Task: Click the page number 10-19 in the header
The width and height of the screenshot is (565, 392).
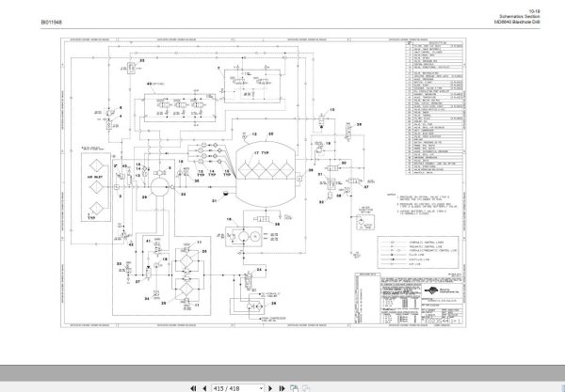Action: click(535, 7)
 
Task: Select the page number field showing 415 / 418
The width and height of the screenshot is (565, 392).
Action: click(229, 385)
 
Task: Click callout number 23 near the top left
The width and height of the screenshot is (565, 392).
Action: click(143, 59)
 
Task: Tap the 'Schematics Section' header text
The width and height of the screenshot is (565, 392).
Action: click(524, 13)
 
